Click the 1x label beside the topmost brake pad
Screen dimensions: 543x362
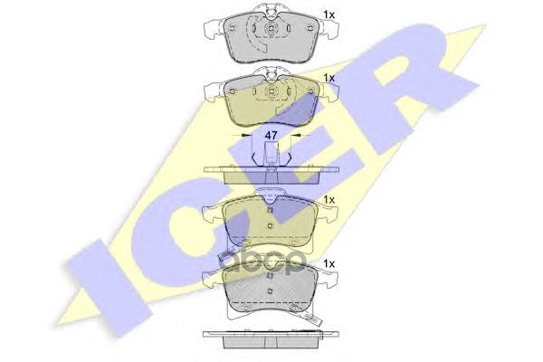point(329,14)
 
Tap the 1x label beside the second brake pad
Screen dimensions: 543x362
point(329,78)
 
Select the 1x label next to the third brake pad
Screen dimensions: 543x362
point(329,200)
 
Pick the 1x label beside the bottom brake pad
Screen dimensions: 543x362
point(329,264)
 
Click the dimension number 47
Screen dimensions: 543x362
point(271,136)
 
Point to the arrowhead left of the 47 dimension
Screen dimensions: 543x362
point(245,135)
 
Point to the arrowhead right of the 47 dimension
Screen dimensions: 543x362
point(295,135)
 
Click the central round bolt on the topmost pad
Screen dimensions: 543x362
point(271,29)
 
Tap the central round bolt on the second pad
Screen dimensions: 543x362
point(271,91)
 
